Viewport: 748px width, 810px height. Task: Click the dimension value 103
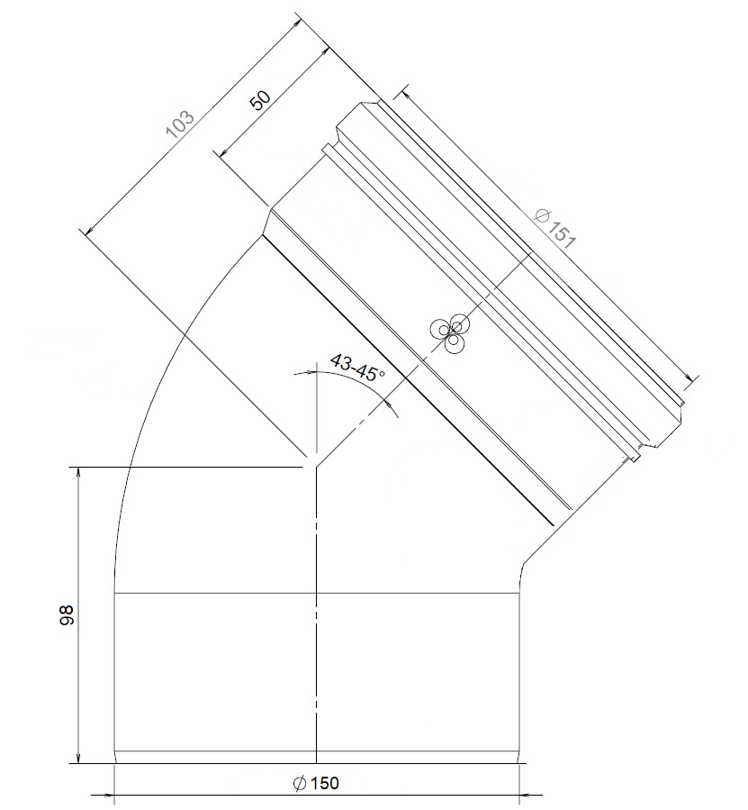(x=179, y=123)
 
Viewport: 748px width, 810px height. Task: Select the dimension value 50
(x=259, y=100)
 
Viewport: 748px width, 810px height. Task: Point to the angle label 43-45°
(x=357, y=368)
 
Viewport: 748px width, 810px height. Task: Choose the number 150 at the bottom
(x=326, y=783)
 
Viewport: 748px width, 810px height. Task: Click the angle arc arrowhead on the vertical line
(x=310, y=372)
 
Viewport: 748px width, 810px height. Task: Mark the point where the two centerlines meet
(x=315, y=467)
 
